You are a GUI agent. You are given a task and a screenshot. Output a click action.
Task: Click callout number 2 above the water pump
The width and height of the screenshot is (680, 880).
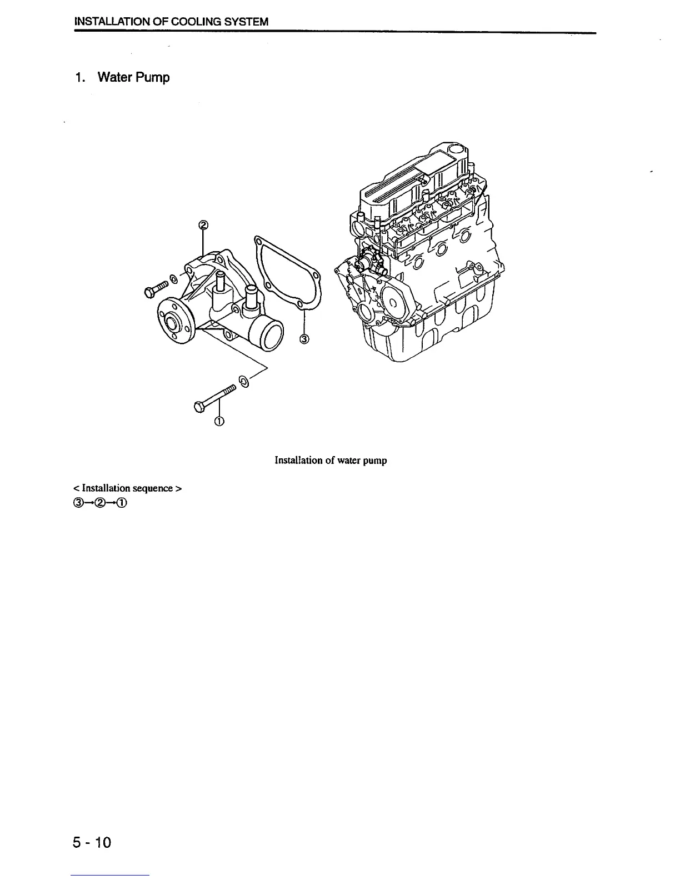[203, 225]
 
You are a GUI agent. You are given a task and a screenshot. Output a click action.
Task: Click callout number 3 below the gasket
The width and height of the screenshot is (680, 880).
[304, 339]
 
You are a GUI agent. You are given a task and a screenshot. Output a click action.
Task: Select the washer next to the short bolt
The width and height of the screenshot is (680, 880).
[173, 279]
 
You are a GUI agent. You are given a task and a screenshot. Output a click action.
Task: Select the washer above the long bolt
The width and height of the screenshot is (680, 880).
[243, 381]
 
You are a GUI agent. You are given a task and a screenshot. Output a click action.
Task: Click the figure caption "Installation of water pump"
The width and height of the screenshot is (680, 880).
[331, 461]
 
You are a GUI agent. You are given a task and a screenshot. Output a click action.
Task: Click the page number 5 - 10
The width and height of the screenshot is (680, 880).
[92, 843]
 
